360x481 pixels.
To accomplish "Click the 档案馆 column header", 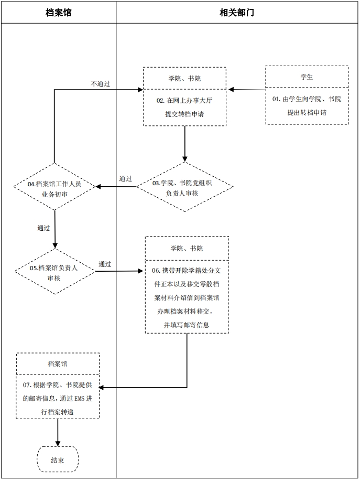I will point(58,13).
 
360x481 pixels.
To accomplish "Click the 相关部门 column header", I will point(237,13).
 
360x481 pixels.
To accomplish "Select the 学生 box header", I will point(307,77).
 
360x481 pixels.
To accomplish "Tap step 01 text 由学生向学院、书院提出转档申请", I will point(307,105).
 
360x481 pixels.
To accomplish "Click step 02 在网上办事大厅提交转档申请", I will point(184,106).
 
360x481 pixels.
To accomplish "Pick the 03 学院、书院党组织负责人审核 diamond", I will point(184,187).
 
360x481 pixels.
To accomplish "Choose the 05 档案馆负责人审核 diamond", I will point(54,272).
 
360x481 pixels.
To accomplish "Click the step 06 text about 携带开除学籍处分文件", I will point(187,297).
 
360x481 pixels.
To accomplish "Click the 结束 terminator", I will point(58,460).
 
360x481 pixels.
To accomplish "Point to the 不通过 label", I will point(100,84).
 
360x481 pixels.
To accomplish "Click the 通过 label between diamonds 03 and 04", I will point(126,179).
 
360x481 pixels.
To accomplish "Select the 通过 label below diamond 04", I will point(43,228).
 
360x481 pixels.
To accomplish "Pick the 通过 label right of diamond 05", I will point(105,264).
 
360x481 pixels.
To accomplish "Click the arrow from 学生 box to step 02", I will point(246,90).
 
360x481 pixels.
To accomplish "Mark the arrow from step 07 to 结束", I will point(58,432).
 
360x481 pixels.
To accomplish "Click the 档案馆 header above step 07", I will point(58,364).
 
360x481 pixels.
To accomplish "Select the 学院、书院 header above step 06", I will point(187,248).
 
